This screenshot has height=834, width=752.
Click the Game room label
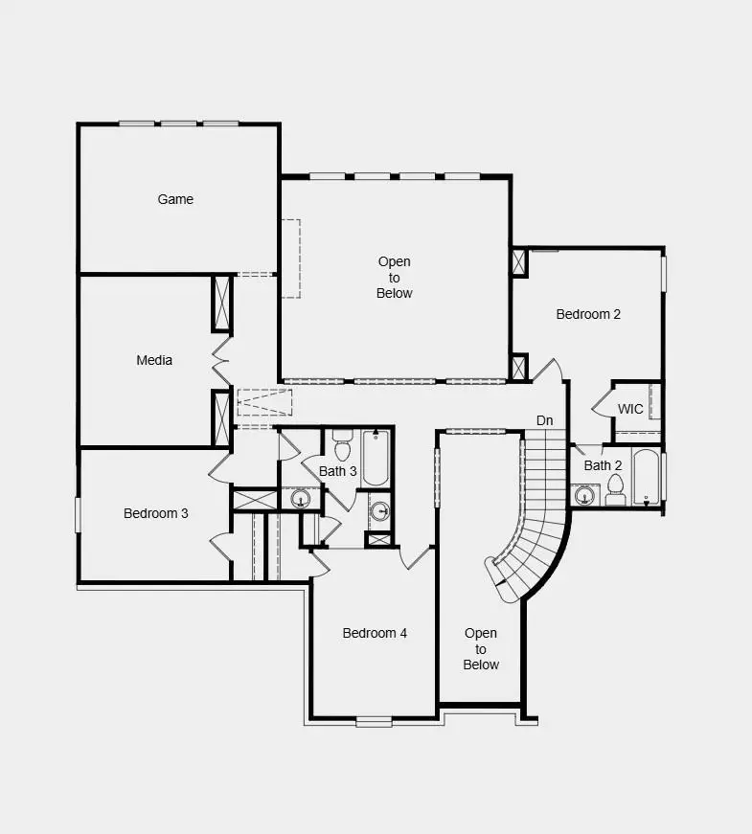175,199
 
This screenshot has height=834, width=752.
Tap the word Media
154,360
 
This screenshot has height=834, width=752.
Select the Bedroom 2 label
588,314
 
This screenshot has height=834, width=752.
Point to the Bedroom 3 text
156,513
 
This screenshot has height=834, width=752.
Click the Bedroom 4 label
375,633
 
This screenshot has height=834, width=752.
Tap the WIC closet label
630,409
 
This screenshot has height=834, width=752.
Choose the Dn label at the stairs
544,420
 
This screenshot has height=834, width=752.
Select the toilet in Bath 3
342,448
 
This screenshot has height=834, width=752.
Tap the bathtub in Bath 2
647,477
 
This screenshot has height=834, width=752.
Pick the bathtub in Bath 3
375,458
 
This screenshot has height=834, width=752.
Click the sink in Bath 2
583,495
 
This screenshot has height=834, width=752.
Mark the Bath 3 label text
338,471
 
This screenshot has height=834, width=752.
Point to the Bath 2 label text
604,465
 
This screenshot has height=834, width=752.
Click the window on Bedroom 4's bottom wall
374,721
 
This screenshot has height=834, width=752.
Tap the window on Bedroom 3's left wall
79,513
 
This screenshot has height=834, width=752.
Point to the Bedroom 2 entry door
548,371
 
